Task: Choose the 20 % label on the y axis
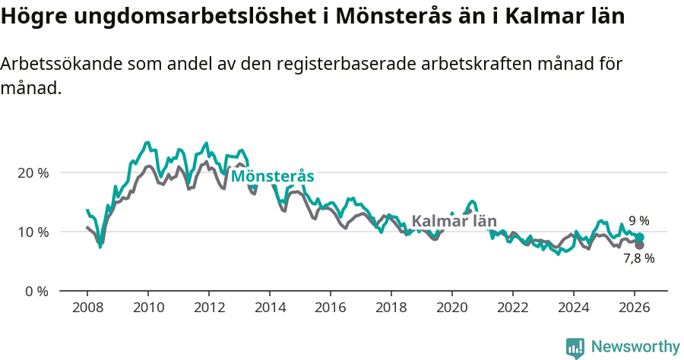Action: (x=33, y=172)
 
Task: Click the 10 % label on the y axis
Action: (x=33, y=232)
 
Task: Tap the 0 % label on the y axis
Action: (x=36, y=291)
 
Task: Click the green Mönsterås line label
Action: (x=273, y=176)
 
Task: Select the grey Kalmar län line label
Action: (x=454, y=222)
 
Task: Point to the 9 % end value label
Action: (x=638, y=221)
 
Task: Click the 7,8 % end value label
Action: (x=639, y=258)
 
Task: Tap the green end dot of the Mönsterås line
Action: (x=640, y=238)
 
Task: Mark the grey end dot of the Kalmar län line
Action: (x=639, y=245)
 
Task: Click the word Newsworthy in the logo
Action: (x=635, y=347)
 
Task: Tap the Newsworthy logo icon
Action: (x=575, y=348)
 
